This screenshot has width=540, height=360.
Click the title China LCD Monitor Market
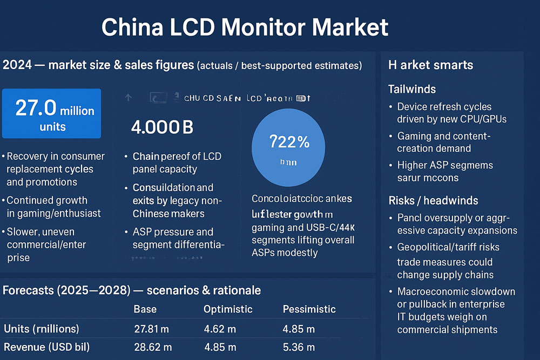coord(245,27)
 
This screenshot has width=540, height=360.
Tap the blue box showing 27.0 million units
coord(51,113)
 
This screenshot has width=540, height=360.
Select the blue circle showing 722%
coord(289,147)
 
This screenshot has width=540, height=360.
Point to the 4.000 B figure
coord(162,127)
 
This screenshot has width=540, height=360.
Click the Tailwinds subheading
coord(411,89)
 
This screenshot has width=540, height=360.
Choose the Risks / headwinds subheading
coord(433,201)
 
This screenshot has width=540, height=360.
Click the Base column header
coord(145,309)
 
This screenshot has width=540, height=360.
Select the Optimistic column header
coord(227,309)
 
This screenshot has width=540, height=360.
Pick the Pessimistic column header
coord(309,309)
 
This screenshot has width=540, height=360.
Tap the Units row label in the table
coord(41,329)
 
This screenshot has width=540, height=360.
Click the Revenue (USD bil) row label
coord(46,347)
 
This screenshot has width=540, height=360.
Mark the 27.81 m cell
coord(152,329)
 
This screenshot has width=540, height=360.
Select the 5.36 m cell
coord(299,347)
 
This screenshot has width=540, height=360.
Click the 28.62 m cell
coord(152,347)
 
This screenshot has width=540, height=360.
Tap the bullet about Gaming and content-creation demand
coord(443,142)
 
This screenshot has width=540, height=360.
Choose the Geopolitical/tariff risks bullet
coord(448,247)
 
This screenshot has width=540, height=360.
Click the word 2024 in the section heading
coord(16,65)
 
